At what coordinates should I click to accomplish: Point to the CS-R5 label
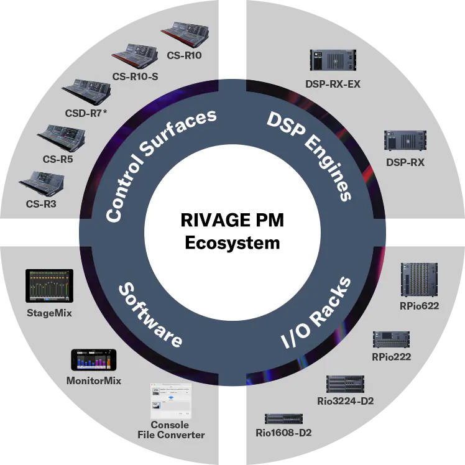(58, 159)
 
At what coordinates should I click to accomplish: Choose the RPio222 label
(392, 356)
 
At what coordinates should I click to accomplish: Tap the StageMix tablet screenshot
(49, 286)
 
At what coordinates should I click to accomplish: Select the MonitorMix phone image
(94, 360)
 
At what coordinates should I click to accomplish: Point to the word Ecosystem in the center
(233, 242)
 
